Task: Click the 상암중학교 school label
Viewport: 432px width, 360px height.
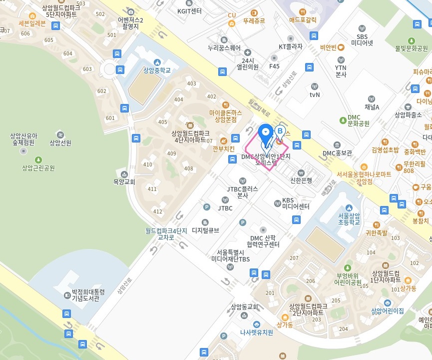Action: [157, 70]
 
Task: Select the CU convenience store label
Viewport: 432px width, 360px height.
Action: [232, 15]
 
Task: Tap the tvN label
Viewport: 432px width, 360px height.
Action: [314, 94]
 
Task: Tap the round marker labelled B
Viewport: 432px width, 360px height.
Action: [280, 131]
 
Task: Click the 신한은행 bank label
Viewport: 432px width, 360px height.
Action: [301, 180]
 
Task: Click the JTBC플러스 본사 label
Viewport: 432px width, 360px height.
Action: [242, 192]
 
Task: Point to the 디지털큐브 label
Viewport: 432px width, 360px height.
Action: [205, 230]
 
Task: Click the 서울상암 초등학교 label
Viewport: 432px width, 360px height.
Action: [349, 218]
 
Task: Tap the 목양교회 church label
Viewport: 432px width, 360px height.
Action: [124, 182]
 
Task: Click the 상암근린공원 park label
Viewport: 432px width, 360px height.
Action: [38, 168]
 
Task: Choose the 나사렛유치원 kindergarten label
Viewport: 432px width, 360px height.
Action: [256, 331]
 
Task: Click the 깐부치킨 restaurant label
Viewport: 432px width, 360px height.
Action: [223, 148]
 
